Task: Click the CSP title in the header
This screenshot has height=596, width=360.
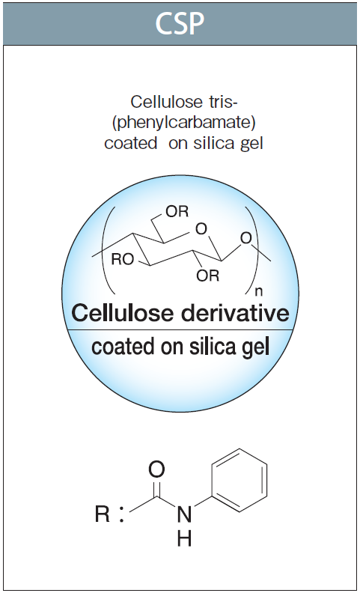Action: point(180,23)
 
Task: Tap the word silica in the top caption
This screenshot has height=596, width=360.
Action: point(214,144)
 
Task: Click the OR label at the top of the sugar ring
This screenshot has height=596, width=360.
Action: point(177,211)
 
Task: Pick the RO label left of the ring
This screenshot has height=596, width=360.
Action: point(123,259)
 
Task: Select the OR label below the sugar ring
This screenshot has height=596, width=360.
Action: point(208,276)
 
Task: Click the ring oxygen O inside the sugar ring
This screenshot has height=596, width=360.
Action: point(201,229)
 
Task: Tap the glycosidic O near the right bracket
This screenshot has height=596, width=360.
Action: point(246,238)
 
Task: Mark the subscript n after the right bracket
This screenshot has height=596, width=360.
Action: point(259,291)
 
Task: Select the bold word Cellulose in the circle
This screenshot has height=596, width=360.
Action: point(123,313)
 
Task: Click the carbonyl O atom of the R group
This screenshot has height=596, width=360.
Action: point(156,469)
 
